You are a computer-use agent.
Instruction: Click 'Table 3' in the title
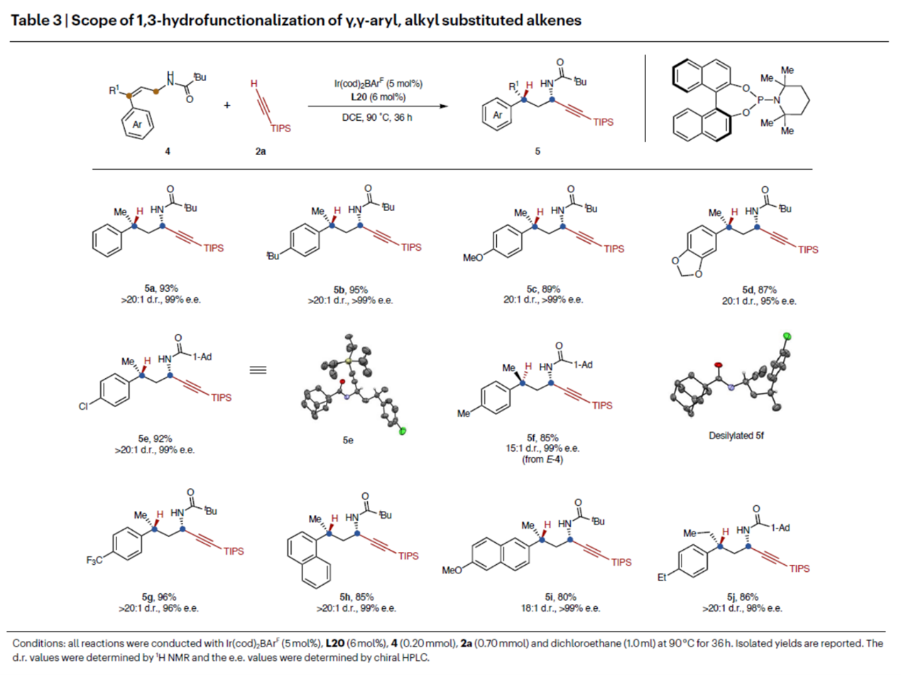pyautogui.click(x=29, y=21)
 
